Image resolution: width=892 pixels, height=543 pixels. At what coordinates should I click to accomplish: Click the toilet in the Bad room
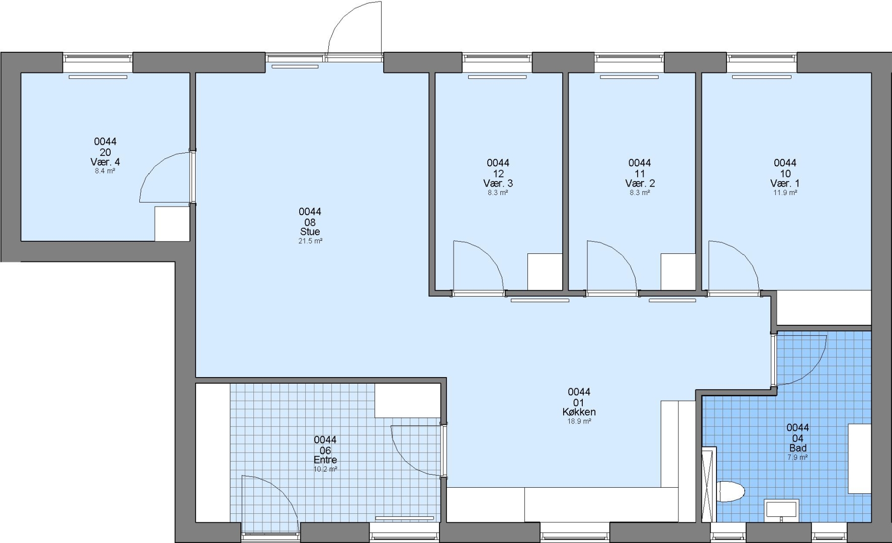pos(730,492)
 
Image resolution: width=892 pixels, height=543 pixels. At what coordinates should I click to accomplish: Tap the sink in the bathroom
pos(781,509)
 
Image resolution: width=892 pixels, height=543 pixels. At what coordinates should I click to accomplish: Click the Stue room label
pos(310,232)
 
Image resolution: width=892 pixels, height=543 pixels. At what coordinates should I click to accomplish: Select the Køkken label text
pos(579,412)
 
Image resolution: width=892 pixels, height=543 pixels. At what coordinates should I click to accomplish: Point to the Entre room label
pos(325,460)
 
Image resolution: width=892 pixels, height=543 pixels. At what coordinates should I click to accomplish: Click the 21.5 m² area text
pos(310,241)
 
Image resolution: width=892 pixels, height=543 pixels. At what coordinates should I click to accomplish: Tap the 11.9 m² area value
pos(785,193)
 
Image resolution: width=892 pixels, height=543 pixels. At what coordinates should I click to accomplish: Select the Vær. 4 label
pos(105,162)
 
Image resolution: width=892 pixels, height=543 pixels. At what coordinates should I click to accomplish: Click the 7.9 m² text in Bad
pos(797,458)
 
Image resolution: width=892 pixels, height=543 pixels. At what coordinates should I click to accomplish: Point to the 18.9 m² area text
pos(579,421)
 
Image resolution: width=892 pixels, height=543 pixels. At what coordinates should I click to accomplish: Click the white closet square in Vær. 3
pos(545,271)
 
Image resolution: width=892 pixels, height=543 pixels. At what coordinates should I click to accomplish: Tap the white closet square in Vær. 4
pos(172,224)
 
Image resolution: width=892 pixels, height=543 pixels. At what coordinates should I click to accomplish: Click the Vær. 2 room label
pos(640,183)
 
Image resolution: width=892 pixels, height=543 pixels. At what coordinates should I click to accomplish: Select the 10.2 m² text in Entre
pos(325,470)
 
